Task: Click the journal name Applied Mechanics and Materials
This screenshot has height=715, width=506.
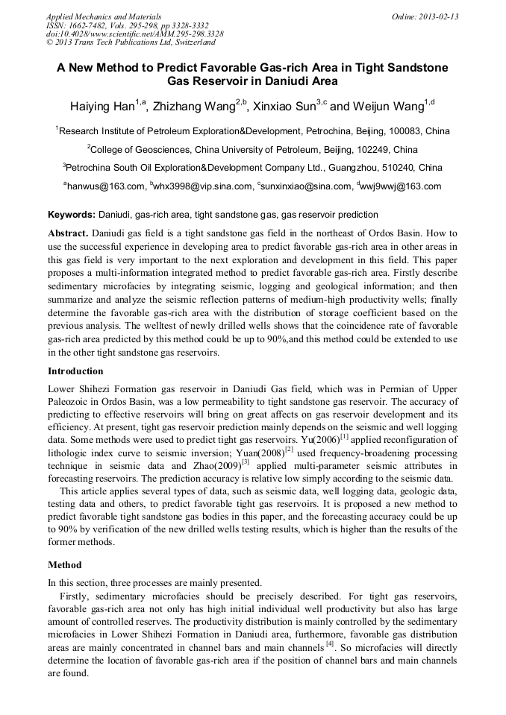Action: point(104,16)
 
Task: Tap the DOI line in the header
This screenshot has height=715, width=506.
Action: point(134,34)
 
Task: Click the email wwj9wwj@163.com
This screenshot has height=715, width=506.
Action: point(402,186)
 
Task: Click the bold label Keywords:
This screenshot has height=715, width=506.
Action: point(72,215)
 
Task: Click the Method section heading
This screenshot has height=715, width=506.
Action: point(65,564)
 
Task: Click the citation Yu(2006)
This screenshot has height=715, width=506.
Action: point(318,441)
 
